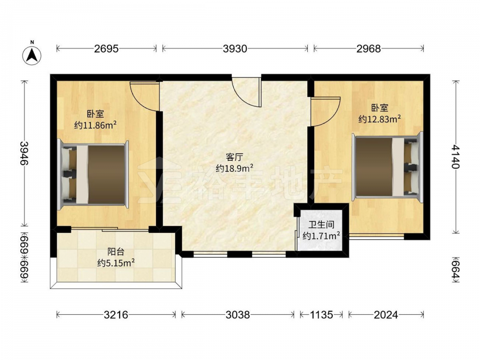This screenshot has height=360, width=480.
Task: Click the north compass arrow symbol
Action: pyautogui.click(x=32, y=55)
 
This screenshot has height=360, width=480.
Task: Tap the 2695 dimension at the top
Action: pyautogui.click(x=106, y=48)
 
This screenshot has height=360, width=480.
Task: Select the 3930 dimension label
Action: pyautogui.click(x=235, y=48)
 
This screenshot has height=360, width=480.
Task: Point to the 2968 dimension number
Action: pyautogui.click(x=369, y=48)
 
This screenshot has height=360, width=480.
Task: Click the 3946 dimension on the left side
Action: pyautogui.click(x=24, y=153)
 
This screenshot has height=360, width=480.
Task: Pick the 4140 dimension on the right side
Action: pyautogui.click(x=456, y=156)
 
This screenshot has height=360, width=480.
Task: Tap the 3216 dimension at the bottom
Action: pyautogui.click(x=116, y=314)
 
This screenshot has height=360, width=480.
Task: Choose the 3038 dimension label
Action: pyautogui.click(x=238, y=314)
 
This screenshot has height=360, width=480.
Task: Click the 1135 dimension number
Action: pyautogui.click(x=321, y=314)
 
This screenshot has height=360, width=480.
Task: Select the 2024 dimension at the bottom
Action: pyautogui.click(x=386, y=314)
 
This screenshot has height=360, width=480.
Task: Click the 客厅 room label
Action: pyautogui.click(x=234, y=157)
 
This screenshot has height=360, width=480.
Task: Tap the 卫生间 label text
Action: pyautogui.click(x=321, y=225)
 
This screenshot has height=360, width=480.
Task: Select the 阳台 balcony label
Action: pyautogui.click(x=116, y=252)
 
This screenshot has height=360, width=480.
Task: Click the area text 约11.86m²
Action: pyautogui.click(x=95, y=125)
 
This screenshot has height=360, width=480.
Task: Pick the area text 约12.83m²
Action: pyautogui.click(x=380, y=119)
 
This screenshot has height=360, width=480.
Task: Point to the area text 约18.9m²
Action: pyautogui.click(x=234, y=168)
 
